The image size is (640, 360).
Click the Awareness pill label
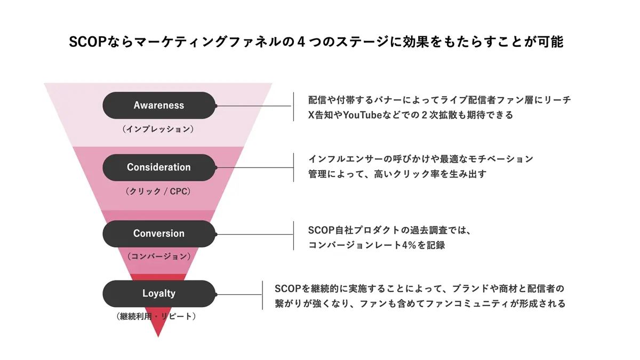[159, 105]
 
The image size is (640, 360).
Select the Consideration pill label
[159, 167]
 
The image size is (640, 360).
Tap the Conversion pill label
[159, 234]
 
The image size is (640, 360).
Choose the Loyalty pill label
[159, 293]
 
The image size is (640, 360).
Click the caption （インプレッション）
[158, 129]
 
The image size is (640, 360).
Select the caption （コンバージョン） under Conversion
[158, 257]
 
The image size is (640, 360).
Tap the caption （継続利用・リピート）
[158, 316]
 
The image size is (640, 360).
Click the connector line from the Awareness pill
[254, 106]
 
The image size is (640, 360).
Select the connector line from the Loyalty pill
[238, 294]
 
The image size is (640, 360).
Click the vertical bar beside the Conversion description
[293, 236]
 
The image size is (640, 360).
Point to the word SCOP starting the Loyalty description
[286, 289]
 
